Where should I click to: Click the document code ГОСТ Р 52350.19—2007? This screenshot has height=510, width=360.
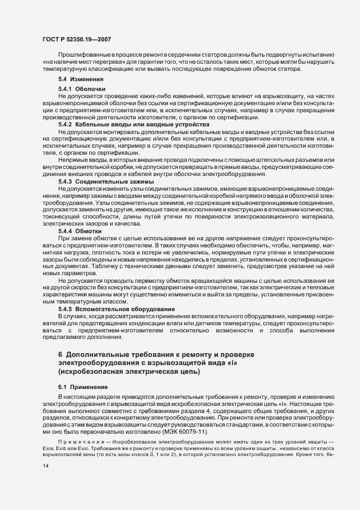pyautogui.click(x=76, y=40)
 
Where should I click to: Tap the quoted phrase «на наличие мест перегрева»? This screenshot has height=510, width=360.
pyautogui.click(x=83, y=63)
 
